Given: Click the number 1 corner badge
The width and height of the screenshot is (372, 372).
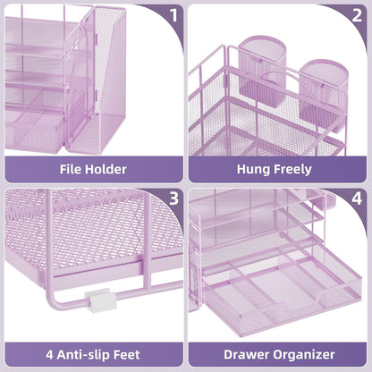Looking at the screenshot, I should [173, 14].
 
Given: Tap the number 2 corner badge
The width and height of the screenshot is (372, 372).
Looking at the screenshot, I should [356, 14].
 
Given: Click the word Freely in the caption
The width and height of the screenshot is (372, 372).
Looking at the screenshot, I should [293, 167].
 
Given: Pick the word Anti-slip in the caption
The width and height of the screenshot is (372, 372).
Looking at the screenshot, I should [89, 353].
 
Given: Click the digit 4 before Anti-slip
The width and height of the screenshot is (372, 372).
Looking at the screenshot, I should [52, 353].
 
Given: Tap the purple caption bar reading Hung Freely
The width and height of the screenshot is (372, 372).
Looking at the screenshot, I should [278, 167].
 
